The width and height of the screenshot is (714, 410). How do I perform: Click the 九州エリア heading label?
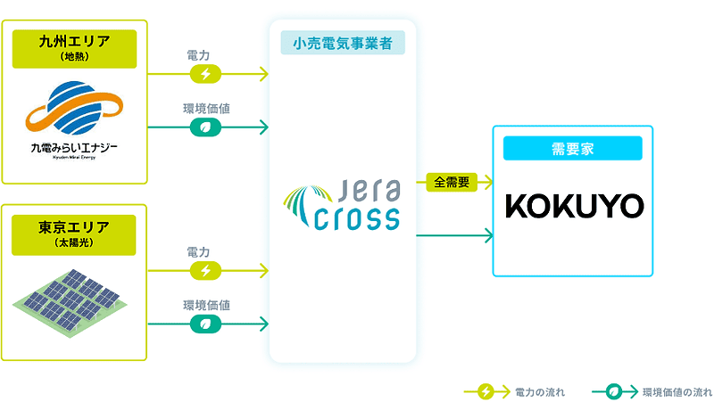(x=74, y=42)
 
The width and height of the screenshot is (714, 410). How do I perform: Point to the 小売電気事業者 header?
(x=342, y=41)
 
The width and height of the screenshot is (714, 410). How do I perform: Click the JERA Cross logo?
(x=342, y=206)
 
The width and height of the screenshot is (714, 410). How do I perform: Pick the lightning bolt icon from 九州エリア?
(x=206, y=74)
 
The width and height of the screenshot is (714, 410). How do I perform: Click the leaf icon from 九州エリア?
(x=206, y=127)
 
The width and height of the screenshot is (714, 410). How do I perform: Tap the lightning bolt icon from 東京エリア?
(x=206, y=270)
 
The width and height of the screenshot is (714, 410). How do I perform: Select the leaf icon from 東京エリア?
(x=206, y=324)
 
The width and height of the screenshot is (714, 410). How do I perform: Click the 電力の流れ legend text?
(x=539, y=391)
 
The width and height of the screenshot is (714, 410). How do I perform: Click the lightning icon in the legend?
(x=486, y=391)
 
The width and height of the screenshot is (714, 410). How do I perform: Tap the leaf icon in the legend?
(x=614, y=391)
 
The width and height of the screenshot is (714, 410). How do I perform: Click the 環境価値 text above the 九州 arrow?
(x=206, y=109)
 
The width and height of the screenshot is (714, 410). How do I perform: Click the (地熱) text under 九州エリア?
(x=74, y=57)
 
